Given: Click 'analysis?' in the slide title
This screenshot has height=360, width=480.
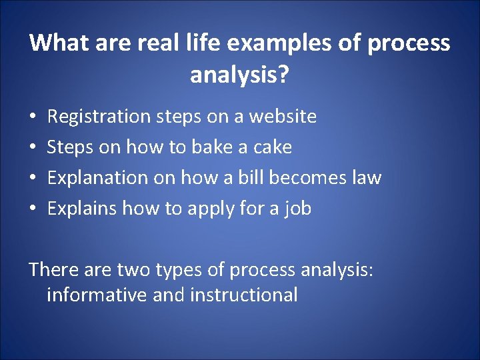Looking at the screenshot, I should (239, 75).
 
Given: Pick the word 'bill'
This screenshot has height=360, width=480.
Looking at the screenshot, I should (264, 178).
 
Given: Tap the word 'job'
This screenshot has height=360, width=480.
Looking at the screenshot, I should (297, 209).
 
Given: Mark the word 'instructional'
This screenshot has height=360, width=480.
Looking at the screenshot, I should (244, 295).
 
